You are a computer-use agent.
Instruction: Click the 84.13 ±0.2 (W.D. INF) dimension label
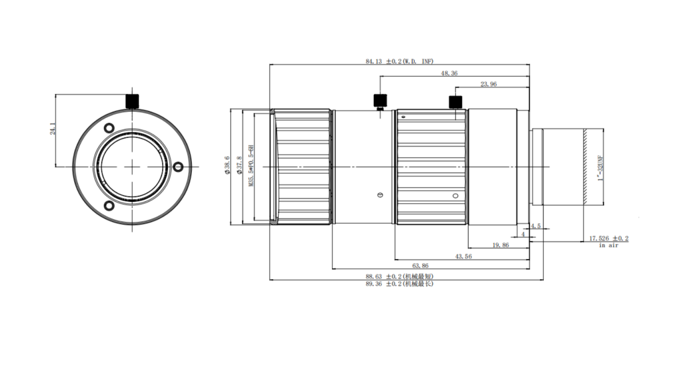click(x=399, y=61)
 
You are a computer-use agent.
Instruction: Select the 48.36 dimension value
click(x=449, y=73)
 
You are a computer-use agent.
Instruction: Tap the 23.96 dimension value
click(x=488, y=84)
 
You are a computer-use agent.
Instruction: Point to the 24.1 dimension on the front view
click(x=53, y=128)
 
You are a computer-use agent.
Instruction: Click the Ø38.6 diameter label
click(x=227, y=165)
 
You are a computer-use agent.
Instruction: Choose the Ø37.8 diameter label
click(x=239, y=165)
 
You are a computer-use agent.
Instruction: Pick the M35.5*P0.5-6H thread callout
click(x=251, y=166)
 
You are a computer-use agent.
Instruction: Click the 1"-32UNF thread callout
click(x=600, y=168)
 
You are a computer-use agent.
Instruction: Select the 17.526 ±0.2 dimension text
click(x=609, y=238)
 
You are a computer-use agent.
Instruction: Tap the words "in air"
click(x=608, y=246)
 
